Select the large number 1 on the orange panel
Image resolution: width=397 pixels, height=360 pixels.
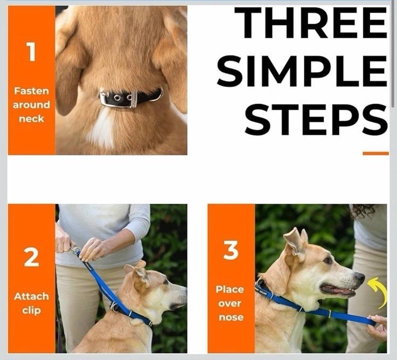pos(31,52)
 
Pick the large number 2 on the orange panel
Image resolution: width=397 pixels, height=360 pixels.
pos(31,257)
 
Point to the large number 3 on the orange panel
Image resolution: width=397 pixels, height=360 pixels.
pos(231,250)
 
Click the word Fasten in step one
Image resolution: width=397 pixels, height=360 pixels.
pos(31,91)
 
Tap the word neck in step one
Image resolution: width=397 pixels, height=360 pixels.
pos(31,119)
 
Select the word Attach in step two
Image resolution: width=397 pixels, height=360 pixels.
pos(31,296)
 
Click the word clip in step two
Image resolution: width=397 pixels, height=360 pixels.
pos(31,310)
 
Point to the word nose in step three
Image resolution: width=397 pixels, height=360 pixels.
pos(231,317)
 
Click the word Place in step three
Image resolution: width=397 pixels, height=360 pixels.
pos(230,289)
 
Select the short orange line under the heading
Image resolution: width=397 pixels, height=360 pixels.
pos(375,153)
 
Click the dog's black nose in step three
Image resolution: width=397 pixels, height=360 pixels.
pos(360,276)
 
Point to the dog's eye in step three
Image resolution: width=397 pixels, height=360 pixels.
pos(328,260)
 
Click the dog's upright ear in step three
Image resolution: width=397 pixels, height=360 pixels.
pos(295,241)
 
